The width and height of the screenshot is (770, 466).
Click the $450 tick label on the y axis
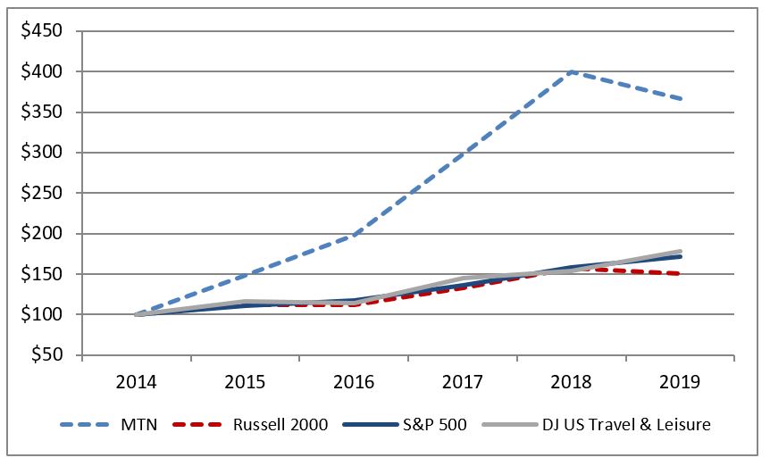click(43, 31)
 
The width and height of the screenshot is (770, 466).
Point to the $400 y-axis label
click(43, 71)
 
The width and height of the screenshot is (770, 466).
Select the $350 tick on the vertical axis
click(43, 112)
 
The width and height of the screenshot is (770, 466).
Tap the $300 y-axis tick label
click(43, 153)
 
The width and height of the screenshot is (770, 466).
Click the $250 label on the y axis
click(43, 193)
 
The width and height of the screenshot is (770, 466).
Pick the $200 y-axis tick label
click(43, 234)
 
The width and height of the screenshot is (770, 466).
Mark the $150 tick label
click(43, 274)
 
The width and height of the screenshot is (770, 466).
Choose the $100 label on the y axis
click(43, 314)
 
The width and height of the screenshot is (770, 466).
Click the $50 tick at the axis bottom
click(47, 355)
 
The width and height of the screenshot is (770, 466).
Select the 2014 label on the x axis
click(136, 381)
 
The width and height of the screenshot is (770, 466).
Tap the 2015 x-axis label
click(245, 381)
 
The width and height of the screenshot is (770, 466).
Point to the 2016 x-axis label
click(354, 381)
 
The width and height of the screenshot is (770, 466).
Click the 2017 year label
click(463, 381)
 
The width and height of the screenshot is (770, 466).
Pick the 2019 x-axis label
click(681, 381)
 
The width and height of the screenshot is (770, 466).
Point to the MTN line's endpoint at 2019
click(681, 98)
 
